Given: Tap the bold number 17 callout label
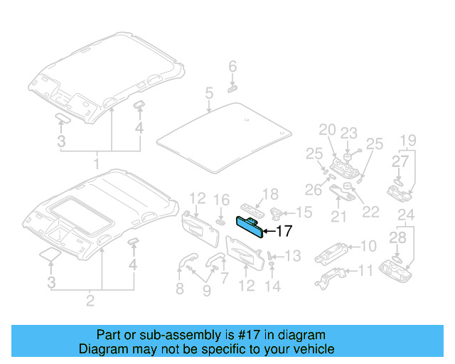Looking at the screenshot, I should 283,231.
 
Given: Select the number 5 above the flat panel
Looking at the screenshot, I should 209,93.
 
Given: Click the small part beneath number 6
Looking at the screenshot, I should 232,89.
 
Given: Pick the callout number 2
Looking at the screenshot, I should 90,301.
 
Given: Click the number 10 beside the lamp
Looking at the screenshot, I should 368,246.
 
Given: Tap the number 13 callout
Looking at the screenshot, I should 293,255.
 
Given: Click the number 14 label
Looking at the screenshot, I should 273,286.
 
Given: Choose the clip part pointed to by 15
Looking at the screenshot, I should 278,211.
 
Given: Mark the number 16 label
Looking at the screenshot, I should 222,200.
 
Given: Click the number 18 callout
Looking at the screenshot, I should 270,195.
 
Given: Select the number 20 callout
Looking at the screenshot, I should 326,129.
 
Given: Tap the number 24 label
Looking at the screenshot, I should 405,215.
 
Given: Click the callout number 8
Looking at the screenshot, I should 180,288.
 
